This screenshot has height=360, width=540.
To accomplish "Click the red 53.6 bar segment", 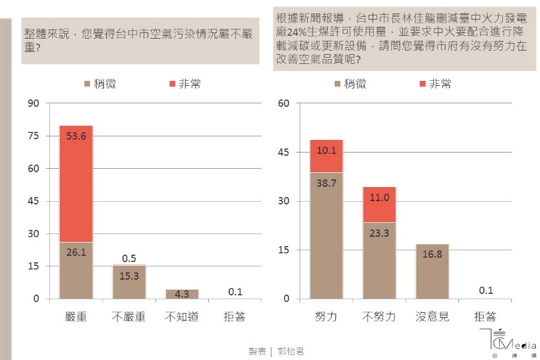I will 76,184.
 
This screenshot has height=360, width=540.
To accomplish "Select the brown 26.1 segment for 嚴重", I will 76,271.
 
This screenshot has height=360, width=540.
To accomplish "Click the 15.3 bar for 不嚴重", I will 129,282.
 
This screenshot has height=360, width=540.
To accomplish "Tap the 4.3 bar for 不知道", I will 181,294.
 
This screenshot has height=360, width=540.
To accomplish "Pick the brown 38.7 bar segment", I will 326,236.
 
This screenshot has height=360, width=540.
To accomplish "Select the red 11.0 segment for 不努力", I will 379,205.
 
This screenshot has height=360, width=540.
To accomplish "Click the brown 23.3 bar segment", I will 379,261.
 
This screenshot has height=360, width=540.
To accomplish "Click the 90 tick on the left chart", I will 33,103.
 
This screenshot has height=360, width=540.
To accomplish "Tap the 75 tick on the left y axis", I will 33,136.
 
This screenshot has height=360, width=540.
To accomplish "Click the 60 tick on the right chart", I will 284,103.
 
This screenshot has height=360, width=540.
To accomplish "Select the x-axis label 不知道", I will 181,317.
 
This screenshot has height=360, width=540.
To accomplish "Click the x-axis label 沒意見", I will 432,317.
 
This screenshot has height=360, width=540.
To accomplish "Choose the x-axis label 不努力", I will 379,317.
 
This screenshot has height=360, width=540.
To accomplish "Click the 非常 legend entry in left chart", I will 184,84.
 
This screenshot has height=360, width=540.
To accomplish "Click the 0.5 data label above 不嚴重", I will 129,258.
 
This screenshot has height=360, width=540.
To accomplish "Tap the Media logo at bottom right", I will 510,342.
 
